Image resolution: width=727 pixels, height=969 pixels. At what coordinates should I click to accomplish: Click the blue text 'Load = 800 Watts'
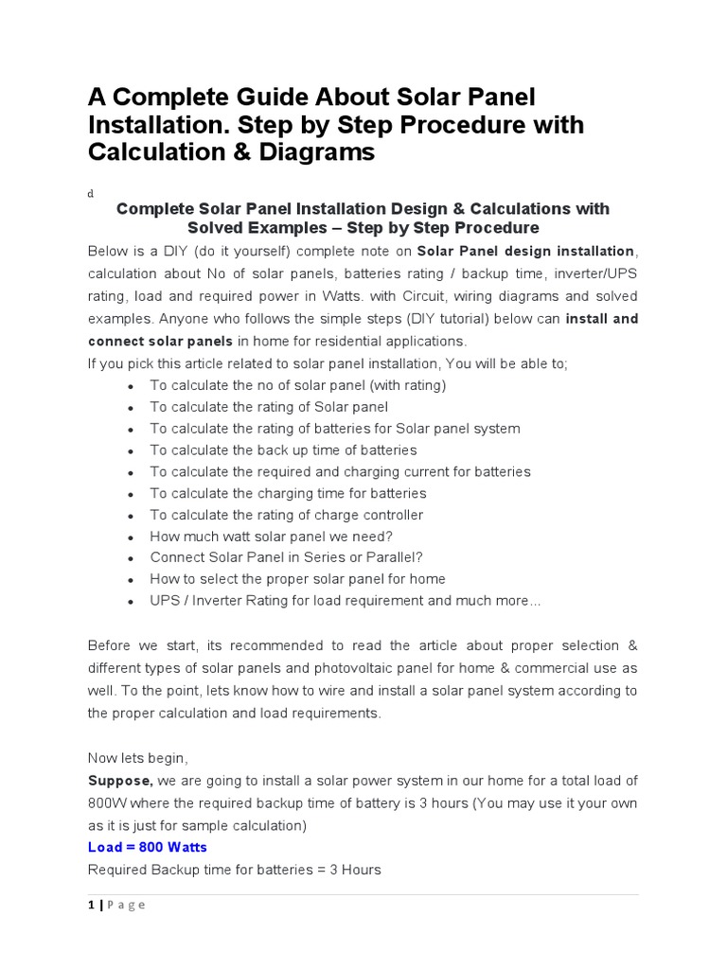coord(147,847)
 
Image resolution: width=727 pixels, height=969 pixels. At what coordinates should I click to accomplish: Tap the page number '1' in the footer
coord(91,905)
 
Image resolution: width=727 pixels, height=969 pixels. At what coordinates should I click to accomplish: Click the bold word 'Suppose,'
coord(120,781)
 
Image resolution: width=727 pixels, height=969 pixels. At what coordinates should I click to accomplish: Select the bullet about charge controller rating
coord(286,515)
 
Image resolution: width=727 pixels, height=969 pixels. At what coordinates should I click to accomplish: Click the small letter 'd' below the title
coord(91,193)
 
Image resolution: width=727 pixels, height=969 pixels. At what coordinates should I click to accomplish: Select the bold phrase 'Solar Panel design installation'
coord(525,251)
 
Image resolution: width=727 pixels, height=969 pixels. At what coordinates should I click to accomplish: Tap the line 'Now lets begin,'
coord(138,758)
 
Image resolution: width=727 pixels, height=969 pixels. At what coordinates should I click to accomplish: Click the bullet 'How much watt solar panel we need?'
coord(271,536)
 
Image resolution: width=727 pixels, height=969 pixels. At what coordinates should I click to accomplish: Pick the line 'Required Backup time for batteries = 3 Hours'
coord(234,869)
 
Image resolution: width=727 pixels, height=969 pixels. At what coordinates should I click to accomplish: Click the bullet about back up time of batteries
coord(283,450)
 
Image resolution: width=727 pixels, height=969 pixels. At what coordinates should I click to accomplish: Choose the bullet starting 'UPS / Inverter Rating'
coord(345,601)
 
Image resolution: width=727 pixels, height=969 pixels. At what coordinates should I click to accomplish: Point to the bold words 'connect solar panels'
coord(160,341)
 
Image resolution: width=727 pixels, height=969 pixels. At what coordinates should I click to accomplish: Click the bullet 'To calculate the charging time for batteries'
coord(288,493)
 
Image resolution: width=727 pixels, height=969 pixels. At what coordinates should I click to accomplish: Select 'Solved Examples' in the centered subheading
coord(248,228)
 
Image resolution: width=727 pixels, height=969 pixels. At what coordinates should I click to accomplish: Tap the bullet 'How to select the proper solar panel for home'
coord(297,579)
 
